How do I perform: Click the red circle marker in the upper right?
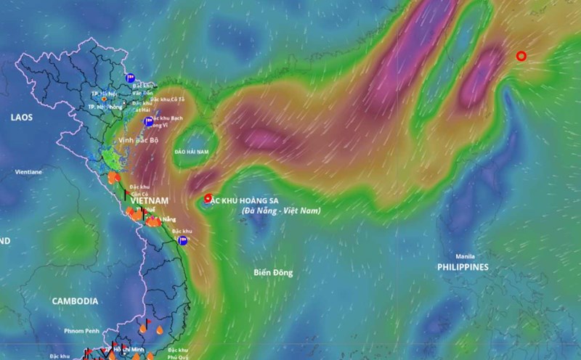click(521, 56)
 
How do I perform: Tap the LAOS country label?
click(23, 116)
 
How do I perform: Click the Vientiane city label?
click(29, 172)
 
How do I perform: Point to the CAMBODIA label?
click(75, 300)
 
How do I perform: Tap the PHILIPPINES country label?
click(463, 267)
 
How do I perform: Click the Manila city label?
click(465, 256)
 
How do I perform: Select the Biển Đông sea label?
click(273, 272)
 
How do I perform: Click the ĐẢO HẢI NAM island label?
click(192, 153)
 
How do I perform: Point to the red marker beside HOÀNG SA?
click(208, 198)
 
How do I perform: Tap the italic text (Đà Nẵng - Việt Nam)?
click(281, 210)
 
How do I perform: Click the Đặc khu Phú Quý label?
click(178, 354)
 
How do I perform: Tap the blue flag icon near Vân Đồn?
click(131, 77)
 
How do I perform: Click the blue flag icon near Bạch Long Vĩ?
click(149, 121)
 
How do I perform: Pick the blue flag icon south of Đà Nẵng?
click(184, 241)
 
